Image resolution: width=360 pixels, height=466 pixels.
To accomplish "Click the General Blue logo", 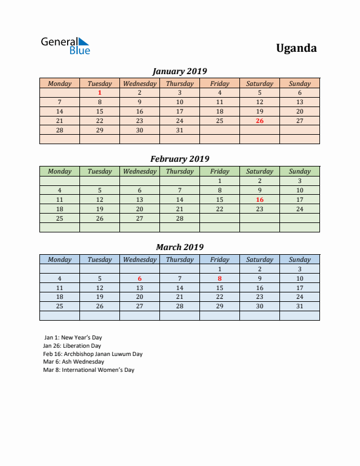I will [x=65, y=46].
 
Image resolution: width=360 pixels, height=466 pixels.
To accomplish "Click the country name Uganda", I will [x=296, y=48].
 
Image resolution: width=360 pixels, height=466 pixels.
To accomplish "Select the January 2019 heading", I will [x=179, y=71].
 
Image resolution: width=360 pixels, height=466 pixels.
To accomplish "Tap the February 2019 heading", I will [x=179, y=159].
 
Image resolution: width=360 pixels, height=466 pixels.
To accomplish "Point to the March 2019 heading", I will [x=179, y=247].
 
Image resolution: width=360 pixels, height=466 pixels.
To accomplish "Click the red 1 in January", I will [x=99, y=92].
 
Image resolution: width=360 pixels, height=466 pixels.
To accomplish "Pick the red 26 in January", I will [x=259, y=121].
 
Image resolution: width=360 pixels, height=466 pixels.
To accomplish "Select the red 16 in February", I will [x=259, y=199].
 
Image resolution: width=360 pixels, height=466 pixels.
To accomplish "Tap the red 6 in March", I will [x=139, y=278].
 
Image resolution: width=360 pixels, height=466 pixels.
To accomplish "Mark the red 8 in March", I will [x=219, y=278].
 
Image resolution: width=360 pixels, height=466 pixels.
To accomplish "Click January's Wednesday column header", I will [x=139, y=84].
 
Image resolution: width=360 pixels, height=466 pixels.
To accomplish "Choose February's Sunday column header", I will [x=299, y=171].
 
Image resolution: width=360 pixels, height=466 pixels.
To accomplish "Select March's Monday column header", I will [x=59, y=259].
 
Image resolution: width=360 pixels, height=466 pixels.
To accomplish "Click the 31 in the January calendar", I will [x=179, y=130].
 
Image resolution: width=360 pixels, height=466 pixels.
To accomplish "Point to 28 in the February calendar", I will [x=179, y=218].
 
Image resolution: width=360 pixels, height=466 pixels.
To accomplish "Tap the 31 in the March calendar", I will [x=299, y=306].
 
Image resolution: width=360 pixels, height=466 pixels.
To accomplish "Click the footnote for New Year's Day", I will [x=73, y=338].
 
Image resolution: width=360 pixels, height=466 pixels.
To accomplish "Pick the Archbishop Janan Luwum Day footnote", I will [x=92, y=354].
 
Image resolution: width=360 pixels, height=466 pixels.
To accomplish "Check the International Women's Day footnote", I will [x=88, y=370].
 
